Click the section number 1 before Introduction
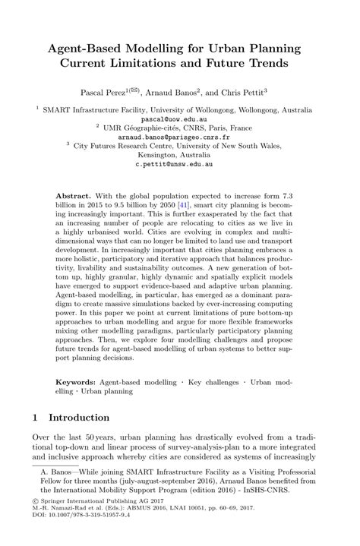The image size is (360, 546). [37, 418]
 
